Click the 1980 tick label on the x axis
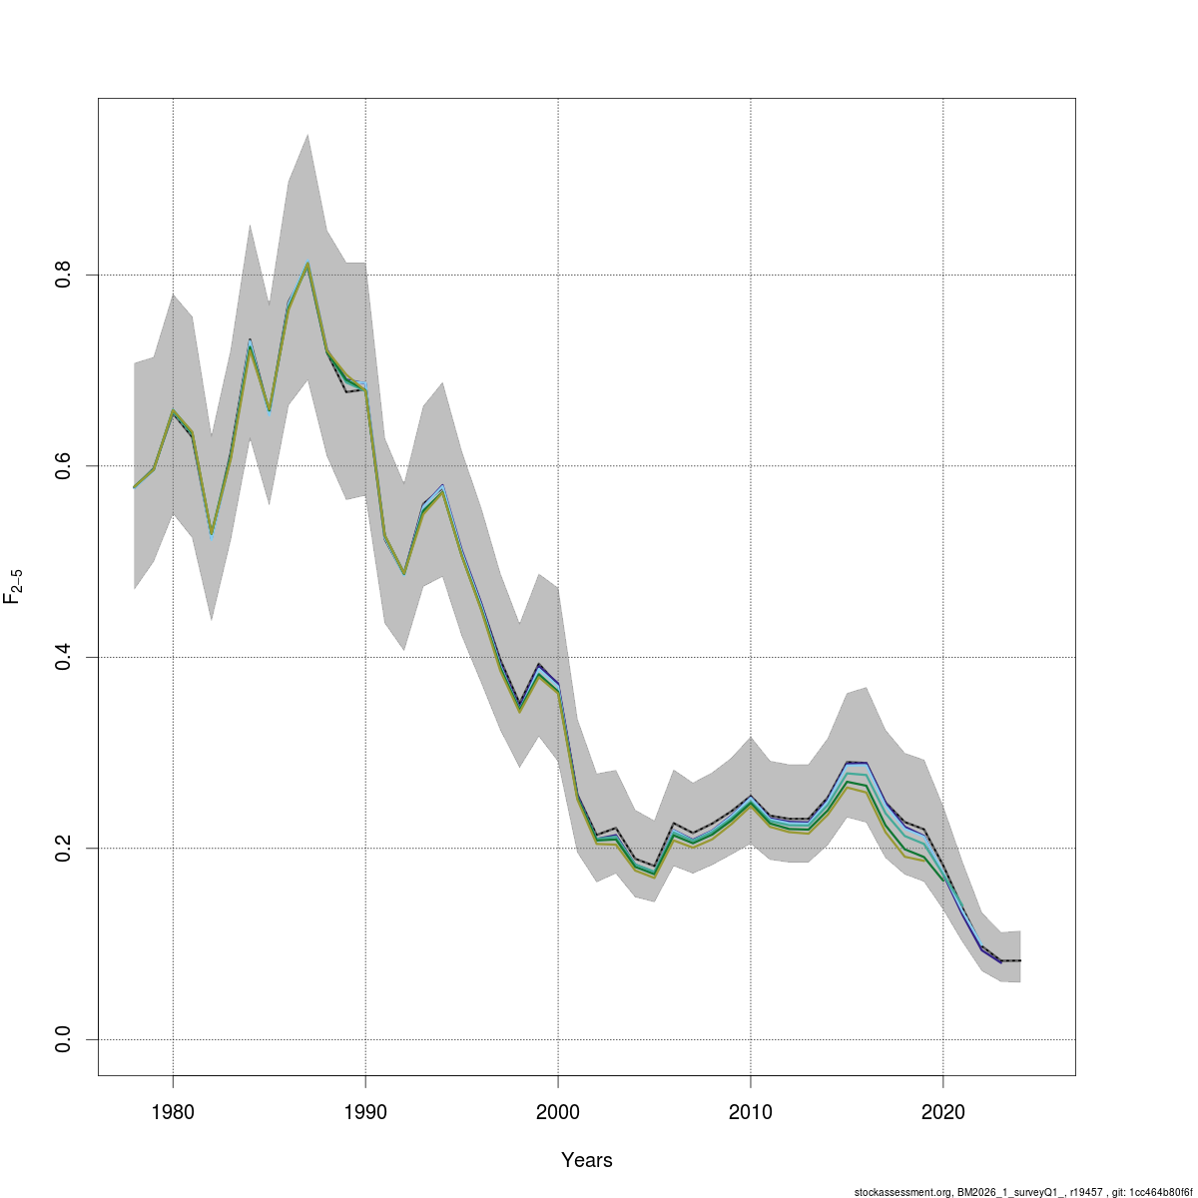pos(173,1111)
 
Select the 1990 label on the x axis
pos(365,1111)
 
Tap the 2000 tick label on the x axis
pos(557,1111)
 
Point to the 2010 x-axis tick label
pos(750,1111)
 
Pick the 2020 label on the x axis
pos(942,1111)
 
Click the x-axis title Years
pos(587,1160)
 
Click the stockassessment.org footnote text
pos(1023,1191)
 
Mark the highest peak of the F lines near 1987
pos(307,264)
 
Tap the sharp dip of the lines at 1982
pos(212,535)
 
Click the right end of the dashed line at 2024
pos(1020,960)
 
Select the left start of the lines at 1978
pos(135,487)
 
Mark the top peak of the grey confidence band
pos(307,134)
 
